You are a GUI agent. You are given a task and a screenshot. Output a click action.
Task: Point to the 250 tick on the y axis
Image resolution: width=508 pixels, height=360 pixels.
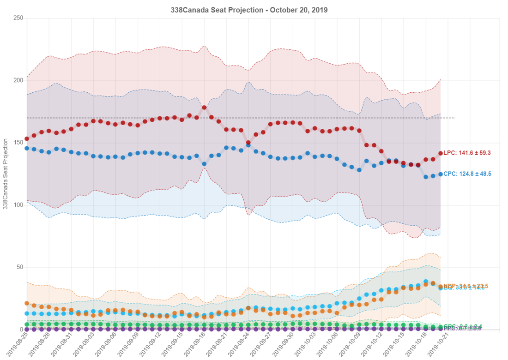[x=18, y=18]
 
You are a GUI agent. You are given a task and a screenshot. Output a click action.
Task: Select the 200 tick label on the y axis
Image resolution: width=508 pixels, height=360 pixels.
[x=18, y=81]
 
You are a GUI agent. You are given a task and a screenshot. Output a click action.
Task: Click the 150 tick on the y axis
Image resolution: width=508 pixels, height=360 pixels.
[x=18, y=143]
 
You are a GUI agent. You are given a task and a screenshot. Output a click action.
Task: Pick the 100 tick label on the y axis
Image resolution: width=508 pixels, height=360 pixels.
[x=18, y=205]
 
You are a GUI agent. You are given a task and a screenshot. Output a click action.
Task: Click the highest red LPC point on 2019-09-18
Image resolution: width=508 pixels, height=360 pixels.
[x=204, y=108]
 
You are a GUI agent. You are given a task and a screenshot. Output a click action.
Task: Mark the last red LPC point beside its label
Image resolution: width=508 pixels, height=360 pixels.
[x=441, y=153]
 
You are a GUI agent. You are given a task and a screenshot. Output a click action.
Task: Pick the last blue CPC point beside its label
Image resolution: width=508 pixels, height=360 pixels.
[x=441, y=174]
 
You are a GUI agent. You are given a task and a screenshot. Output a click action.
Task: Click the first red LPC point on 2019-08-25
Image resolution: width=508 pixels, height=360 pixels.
[x=27, y=138]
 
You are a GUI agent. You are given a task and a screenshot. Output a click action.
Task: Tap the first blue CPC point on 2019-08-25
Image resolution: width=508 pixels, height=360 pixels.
[x=27, y=148]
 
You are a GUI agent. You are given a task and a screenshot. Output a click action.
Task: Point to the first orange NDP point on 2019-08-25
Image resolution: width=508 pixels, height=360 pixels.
[x=27, y=303]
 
